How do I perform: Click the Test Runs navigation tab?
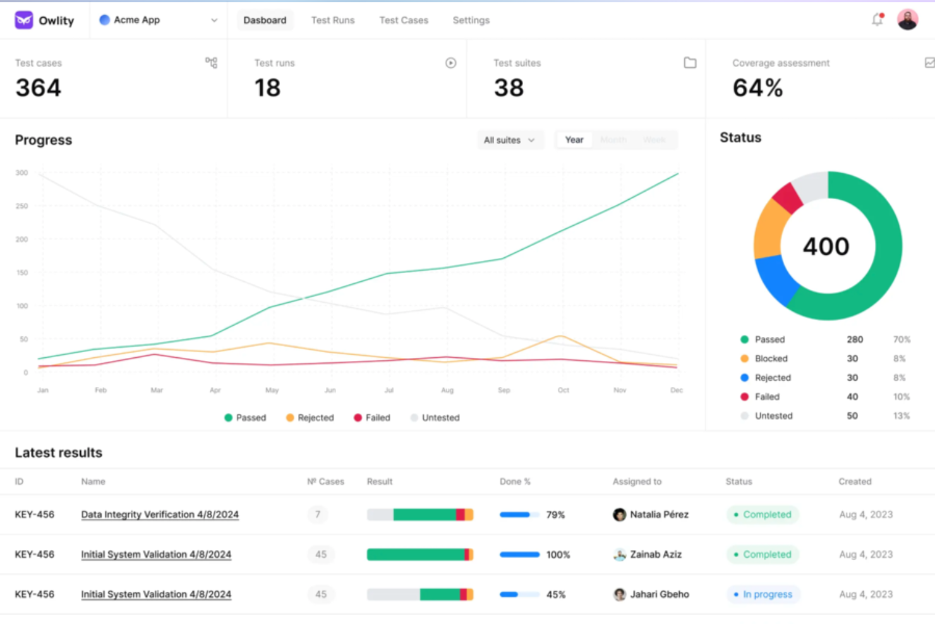click(x=332, y=20)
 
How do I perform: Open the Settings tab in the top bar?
click(x=471, y=20)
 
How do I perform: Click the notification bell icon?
click(x=877, y=20)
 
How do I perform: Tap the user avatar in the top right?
click(x=907, y=20)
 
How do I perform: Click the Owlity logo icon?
click(x=24, y=20)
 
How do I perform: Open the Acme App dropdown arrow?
click(x=214, y=20)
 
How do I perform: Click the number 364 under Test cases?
click(x=39, y=88)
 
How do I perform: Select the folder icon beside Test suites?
click(x=690, y=63)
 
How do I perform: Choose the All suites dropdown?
click(x=509, y=140)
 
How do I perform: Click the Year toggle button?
click(x=574, y=140)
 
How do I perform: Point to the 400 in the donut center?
click(x=826, y=246)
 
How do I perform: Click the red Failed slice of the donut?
click(x=788, y=198)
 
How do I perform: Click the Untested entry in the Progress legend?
click(x=440, y=417)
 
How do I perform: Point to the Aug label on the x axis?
click(x=447, y=390)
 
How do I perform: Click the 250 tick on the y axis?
click(x=21, y=206)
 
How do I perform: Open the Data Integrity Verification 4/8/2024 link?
click(x=160, y=515)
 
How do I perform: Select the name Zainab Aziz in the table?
click(x=655, y=554)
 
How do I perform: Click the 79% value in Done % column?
click(x=555, y=515)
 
